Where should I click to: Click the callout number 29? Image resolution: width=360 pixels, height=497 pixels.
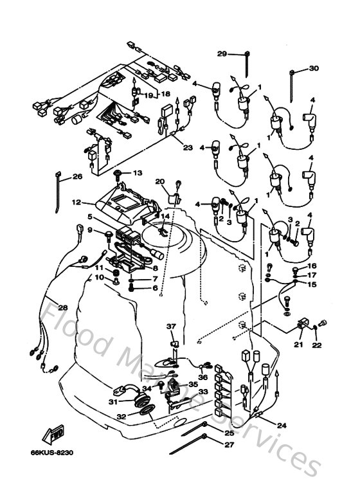(x=221, y=53)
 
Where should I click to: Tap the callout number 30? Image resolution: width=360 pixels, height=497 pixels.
(x=314, y=69)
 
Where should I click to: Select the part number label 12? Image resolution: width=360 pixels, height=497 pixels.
(x=76, y=202)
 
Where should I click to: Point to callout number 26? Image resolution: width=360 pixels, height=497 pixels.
(x=77, y=177)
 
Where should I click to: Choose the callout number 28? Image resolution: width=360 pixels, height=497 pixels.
(x=62, y=306)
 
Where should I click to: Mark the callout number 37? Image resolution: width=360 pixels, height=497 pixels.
(x=172, y=327)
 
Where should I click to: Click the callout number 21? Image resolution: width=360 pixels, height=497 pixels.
(x=298, y=345)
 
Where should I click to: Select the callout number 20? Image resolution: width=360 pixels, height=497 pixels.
(x=160, y=181)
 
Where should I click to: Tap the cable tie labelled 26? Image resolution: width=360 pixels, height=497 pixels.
(x=59, y=185)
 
